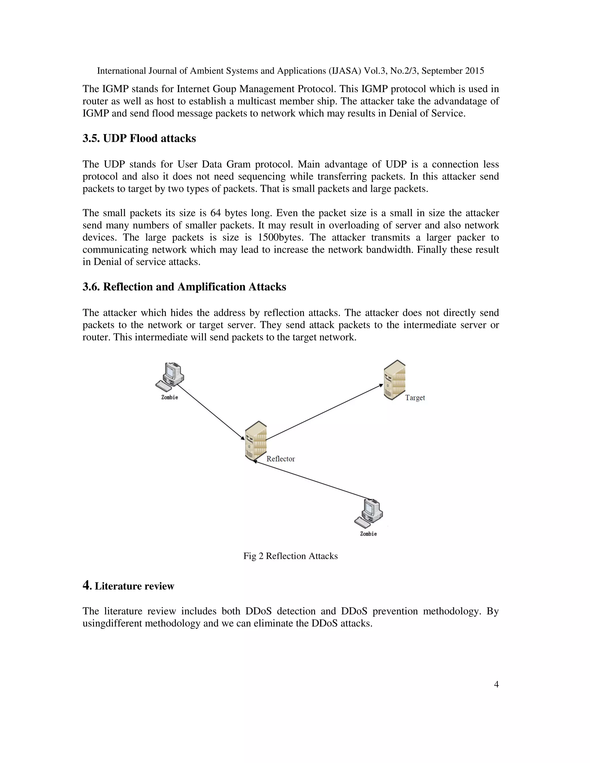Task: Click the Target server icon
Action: point(395,380)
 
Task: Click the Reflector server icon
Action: point(256,441)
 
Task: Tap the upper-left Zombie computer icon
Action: point(170,377)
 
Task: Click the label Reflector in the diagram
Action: point(281,459)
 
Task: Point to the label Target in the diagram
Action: point(415,398)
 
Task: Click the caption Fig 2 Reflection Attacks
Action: point(290,556)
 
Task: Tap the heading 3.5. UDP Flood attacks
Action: point(139,138)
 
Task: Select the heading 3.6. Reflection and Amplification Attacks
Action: point(184,287)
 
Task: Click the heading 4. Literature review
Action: point(128,586)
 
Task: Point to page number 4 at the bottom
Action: point(496,684)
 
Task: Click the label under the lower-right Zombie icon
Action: point(368,534)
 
